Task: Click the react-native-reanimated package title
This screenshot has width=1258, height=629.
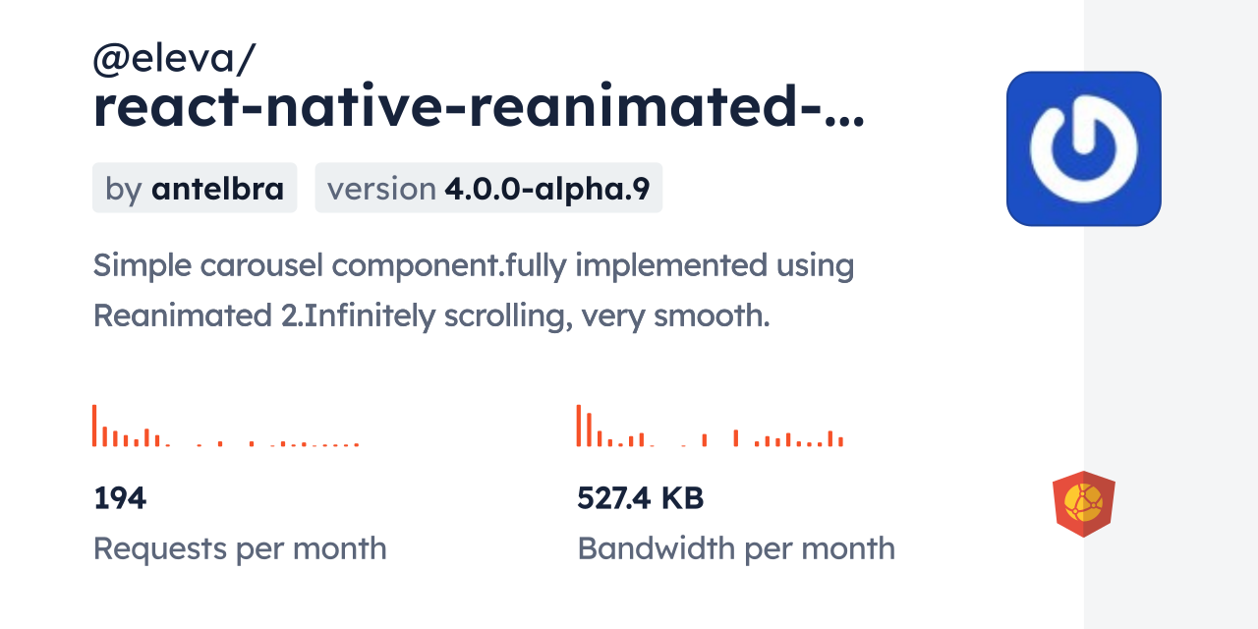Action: [x=479, y=110]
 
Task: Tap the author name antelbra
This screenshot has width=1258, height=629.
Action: [x=217, y=189]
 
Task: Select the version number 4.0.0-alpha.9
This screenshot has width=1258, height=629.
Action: [x=547, y=189]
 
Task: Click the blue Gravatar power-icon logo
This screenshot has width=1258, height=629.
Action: [x=1083, y=148]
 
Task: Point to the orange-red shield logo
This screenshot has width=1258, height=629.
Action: [x=1083, y=504]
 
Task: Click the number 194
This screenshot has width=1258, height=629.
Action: [x=120, y=498]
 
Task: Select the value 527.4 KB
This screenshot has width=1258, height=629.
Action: [x=640, y=498]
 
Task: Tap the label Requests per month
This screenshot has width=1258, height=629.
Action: [x=240, y=548]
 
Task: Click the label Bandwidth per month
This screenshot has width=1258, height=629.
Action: [x=736, y=548]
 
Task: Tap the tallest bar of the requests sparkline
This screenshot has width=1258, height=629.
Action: [x=94, y=426]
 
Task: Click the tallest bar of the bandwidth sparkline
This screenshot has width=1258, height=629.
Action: [x=579, y=426]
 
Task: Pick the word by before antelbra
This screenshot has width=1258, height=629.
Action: [x=124, y=189]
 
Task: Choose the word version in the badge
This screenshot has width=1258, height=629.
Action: [x=381, y=189]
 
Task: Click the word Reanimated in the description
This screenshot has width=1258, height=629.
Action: [x=177, y=316]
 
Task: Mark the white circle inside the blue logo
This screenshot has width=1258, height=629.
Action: [x=1083, y=148]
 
